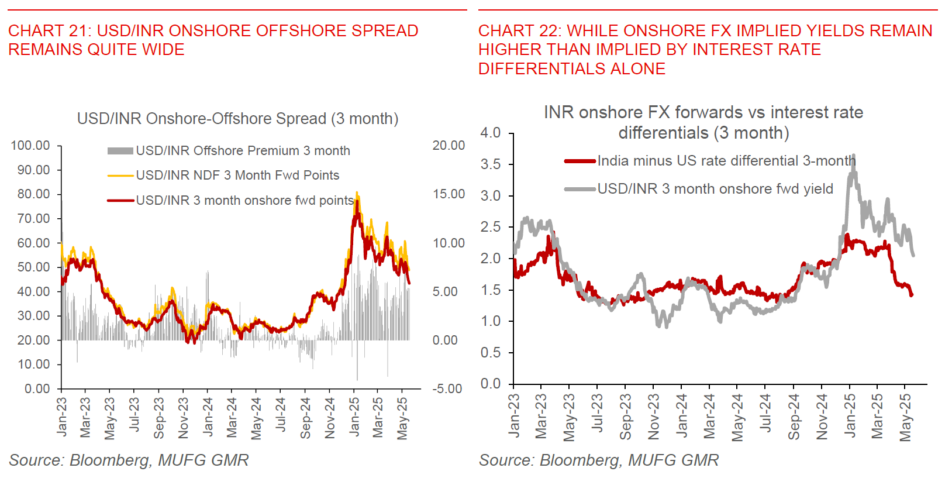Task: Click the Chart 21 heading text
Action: tap(213, 40)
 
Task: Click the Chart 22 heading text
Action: tap(705, 49)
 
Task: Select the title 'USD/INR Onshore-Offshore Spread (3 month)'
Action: tap(237, 119)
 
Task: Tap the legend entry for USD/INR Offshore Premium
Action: tap(243, 151)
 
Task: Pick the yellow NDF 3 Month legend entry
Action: tap(237, 176)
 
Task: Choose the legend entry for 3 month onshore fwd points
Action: tap(244, 201)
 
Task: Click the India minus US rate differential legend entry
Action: tap(726, 161)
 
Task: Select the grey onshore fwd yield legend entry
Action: tap(715, 189)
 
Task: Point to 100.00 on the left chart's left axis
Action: tap(30, 146)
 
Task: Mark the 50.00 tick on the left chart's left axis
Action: tap(34, 267)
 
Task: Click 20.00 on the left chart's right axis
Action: tap(449, 146)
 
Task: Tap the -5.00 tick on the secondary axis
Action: tap(447, 389)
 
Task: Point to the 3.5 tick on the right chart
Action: tap(490, 164)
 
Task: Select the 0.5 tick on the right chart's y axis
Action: tap(490, 353)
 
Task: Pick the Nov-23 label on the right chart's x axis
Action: tap(654, 417)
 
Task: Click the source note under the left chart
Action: tap(129, 460)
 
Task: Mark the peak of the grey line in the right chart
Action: tap(854, 156)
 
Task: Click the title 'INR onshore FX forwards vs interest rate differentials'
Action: tap(703, 122)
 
